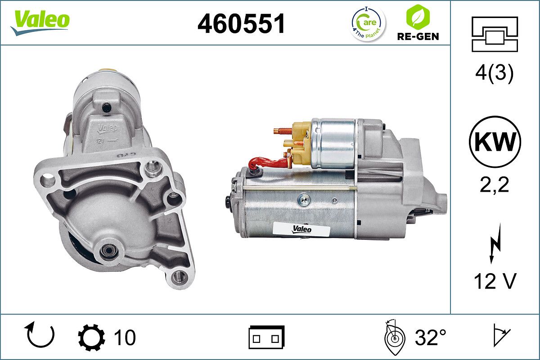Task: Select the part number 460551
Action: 242,23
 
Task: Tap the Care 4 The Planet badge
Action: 368,23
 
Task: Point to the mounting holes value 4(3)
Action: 495,74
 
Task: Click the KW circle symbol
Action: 495,142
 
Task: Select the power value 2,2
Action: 495,184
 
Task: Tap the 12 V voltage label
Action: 495,282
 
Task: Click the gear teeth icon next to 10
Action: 91,337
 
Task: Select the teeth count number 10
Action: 125,337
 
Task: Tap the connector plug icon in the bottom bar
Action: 266,337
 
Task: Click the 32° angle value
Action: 430,337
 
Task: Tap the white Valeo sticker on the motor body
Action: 302,229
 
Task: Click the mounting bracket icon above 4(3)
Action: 495,34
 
